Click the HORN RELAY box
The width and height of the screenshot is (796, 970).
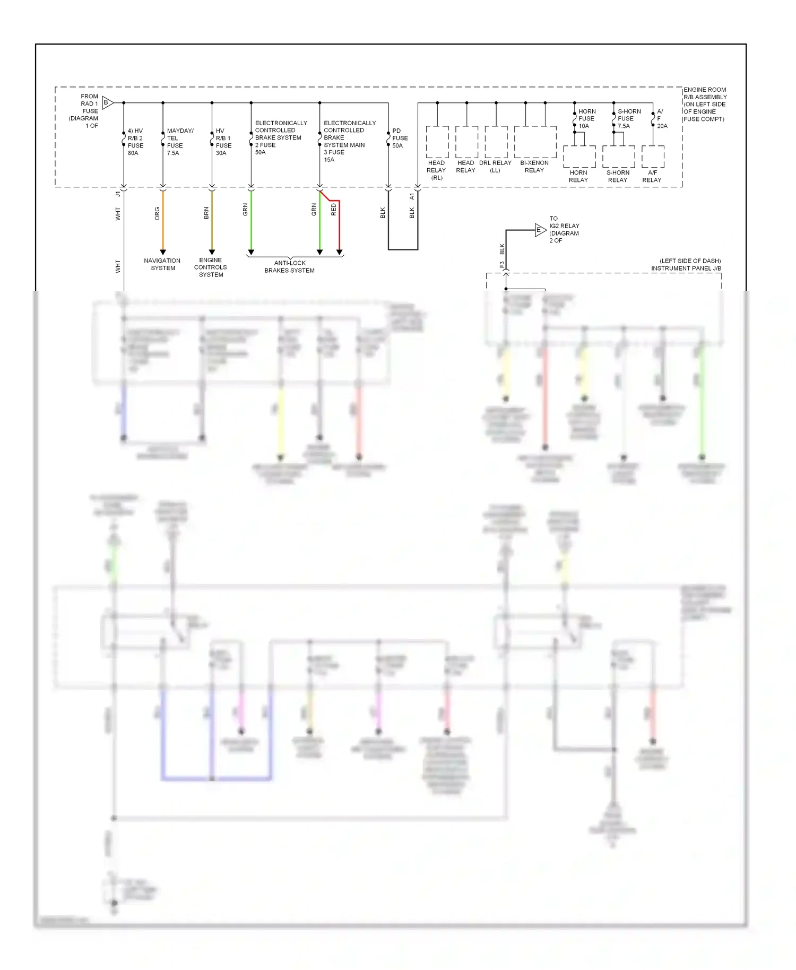pyautogui.click(x=579, y=157)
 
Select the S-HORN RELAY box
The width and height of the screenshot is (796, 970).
pyautogui.click(x=618, y=157)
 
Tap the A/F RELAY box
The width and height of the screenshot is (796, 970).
pyautogui.click(x=653, y=157)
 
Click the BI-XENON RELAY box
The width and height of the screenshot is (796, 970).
pyautogui.click(x=535, y=142)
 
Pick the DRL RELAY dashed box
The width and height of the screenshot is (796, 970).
pyautogui.click(x=496, y=142)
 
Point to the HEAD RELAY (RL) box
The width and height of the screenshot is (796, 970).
pyautogui.click(x=437, y=142)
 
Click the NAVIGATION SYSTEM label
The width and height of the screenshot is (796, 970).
pyautogui.click(x=162, y=264)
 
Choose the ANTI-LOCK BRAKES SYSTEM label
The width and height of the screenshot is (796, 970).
pyautogui.click(x=290, y=266)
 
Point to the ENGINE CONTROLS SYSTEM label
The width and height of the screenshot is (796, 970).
pyautogui.click(x=211, y=267)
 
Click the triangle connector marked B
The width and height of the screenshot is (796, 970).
pyautogui.click(x=107, y=102)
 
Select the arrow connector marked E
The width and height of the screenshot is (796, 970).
pyautogui.click(x=540, y=230)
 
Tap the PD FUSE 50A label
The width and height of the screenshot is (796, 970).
pyautogui.click(x=400, y=138)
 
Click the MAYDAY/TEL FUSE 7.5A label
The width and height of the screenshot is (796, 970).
pyautogui.click(x=179, y=142)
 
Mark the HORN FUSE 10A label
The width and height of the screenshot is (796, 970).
pyautogui.click(x=586, y=118)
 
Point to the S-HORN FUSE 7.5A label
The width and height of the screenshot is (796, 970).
pyautogui.click(x=629, y=118)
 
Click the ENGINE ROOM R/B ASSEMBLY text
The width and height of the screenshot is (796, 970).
pyautogui.click(x=705, y=104)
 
